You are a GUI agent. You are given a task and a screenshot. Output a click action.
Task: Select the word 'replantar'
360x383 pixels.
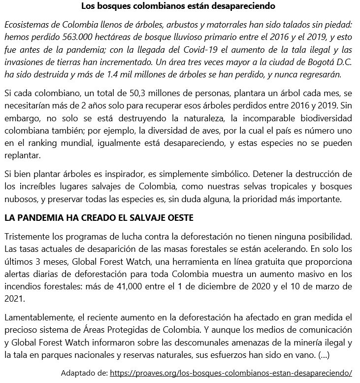pos(22,156)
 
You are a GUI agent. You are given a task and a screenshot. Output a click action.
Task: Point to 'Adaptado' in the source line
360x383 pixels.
pos(77,373)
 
